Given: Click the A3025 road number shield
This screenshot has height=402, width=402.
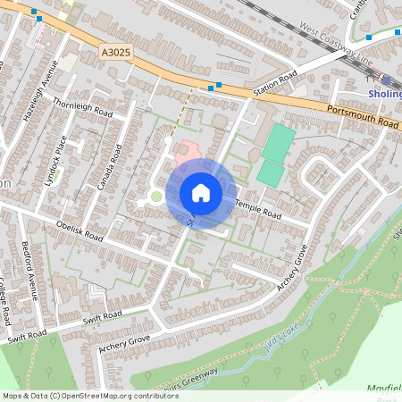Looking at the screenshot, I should tap(115, 53).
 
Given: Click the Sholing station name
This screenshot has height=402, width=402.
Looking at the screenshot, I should tap(385, 92).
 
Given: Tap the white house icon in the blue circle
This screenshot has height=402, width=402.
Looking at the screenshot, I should tap(200, 193).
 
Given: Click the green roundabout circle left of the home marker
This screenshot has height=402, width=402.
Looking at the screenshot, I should tap(156, 197).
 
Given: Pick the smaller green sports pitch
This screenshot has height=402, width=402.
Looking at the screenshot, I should tap(270, 172).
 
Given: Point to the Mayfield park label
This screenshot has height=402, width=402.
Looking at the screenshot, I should tap(384, 389).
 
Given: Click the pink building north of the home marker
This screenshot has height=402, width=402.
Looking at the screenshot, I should tap(184, 150).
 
